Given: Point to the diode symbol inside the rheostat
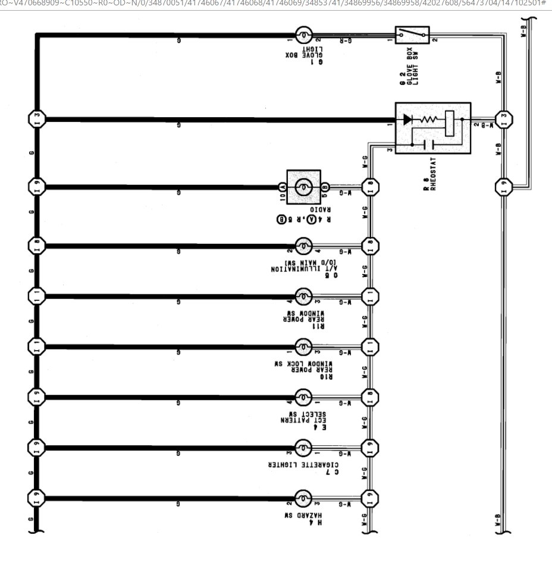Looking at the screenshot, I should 407,119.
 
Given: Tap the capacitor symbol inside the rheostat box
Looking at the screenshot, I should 428,144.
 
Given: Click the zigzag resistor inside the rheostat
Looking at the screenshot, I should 429,119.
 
